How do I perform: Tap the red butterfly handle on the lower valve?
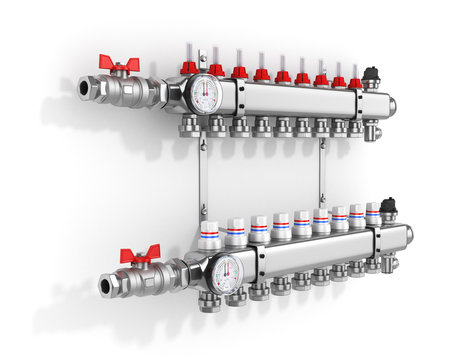click(139, 255)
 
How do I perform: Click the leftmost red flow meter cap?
click(189, 68)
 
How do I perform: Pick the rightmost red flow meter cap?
click(355, 82)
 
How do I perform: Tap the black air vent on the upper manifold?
click(371, 75)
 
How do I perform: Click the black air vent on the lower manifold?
click(389, 206)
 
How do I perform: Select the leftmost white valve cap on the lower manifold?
click(209, 236)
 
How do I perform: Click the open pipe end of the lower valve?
click(106, 286)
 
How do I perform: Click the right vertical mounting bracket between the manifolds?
click(321, 170)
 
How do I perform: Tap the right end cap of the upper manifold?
click(391, 105)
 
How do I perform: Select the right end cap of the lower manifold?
click(408, 235)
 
